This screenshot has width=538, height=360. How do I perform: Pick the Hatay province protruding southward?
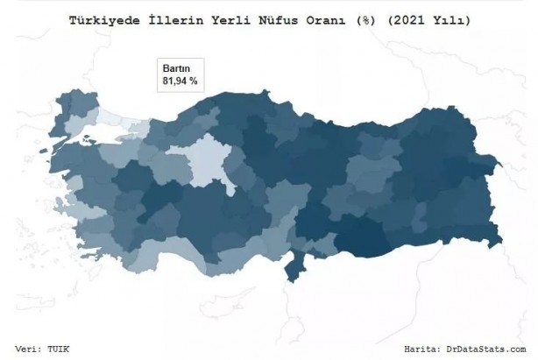(291, 266)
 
